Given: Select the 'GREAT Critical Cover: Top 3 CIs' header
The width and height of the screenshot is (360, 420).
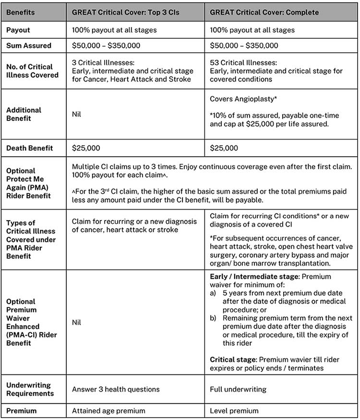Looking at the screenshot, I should coord(126,12).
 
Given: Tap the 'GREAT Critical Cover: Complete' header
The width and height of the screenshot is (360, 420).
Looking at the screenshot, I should coord(264,12).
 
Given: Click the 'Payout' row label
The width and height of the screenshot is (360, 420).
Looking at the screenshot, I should coord(18,30).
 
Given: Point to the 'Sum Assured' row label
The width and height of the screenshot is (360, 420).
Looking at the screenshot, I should coord(28,46).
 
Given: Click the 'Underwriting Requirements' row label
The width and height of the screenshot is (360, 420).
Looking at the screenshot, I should coord(29,389).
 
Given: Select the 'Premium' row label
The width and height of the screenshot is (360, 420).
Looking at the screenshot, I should coord(21,410).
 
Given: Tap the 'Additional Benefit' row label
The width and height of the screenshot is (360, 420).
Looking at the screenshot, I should coord(24,114).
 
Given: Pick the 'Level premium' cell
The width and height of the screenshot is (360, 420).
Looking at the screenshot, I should coord(234,410).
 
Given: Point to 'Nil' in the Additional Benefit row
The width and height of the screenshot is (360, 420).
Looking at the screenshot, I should coord(77,115).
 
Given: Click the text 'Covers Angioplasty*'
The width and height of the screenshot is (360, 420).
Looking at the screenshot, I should coord(243,99).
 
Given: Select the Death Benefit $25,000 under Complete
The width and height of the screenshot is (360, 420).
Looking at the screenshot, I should coord(224,148).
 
